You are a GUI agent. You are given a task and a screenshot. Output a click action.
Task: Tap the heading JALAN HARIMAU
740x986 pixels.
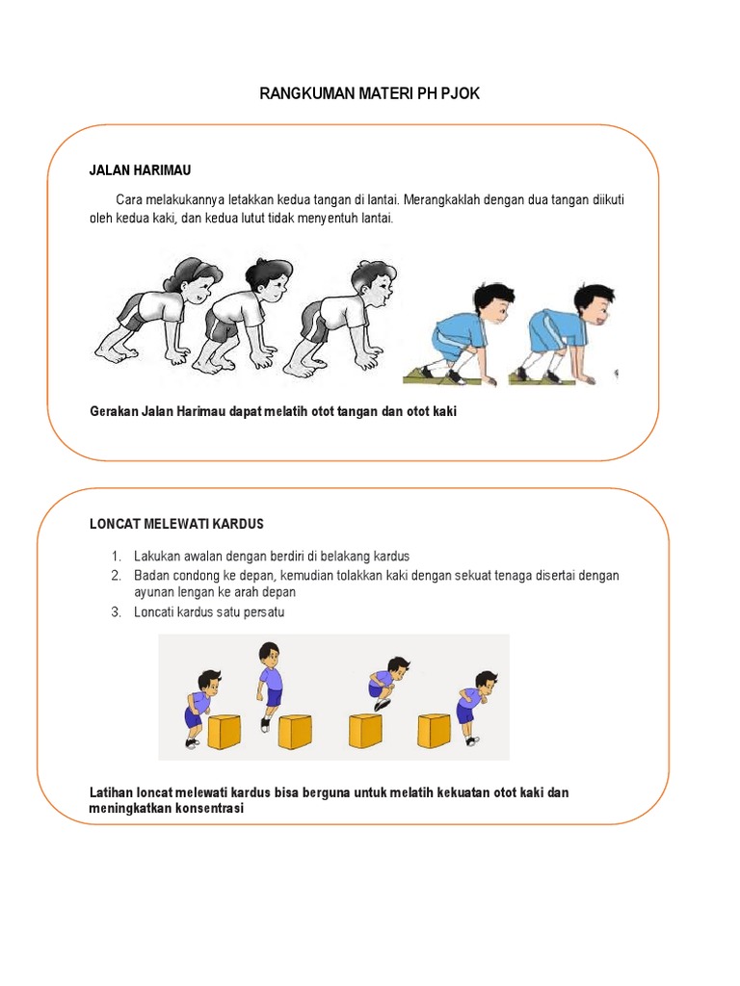click(x=140, y=170)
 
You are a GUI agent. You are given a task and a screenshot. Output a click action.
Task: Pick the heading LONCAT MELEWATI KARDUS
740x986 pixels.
click(x=175, y=524)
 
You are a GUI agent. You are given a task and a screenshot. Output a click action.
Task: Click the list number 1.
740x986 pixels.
click(x=115, y=557)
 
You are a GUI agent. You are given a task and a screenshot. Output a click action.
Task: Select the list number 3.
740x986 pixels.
click(x=115, y=612)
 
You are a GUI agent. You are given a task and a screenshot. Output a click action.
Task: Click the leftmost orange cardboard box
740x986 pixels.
click(x=227, y=731)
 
